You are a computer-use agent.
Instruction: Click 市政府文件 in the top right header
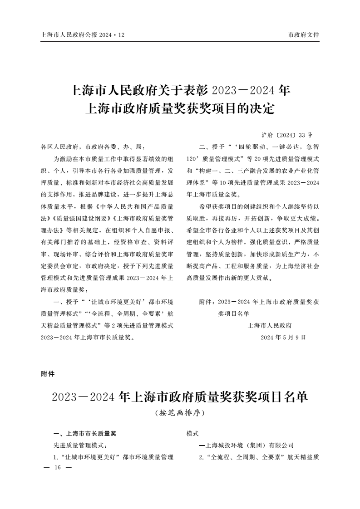[304, 34]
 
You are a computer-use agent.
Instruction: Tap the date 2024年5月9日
[283, 338]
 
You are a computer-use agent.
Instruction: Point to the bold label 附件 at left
[47, 374]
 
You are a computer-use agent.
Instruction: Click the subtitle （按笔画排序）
[180, 413]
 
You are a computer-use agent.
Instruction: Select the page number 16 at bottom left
[57, 468]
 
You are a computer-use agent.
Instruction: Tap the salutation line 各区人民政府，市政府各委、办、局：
[93, 147]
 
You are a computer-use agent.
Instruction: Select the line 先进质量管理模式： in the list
[80, 445]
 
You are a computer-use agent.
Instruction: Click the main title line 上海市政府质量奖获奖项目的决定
[180, 109]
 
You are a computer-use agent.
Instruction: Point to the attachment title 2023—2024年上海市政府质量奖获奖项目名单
[180, 397]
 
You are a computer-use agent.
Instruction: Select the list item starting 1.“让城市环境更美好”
[113, 457]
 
